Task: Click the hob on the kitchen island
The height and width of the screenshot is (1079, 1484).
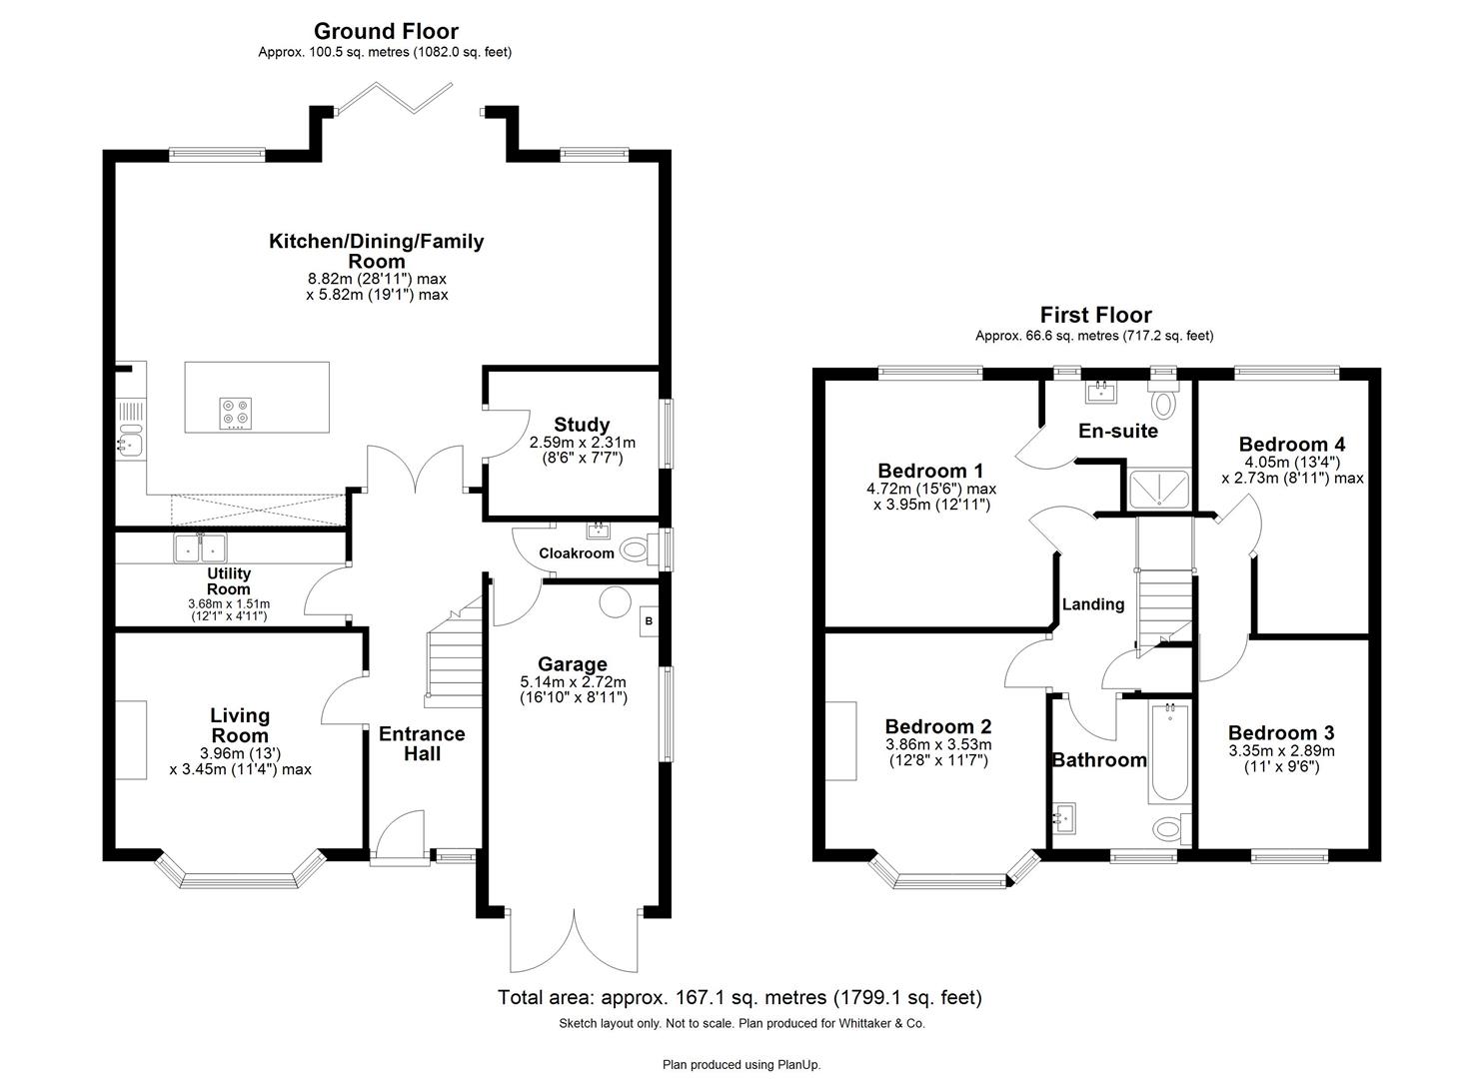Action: pyautogui.click(x=236, y=412)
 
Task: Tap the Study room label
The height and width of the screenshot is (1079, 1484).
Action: pyautogui.click(x=581, y=425)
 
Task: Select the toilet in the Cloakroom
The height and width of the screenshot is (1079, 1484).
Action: pyautogui.click(x=636, y=548)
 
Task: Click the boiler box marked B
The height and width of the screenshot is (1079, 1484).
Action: pyautogui.click(x=649, y=620)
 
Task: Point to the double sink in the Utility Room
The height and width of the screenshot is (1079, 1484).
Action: pyautogui.click(x=200, y=547)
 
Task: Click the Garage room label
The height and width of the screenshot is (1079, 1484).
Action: pyautogui.click(x=572, y=664)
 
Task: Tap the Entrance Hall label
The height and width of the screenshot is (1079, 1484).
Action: pyautogui.click(x=422, y=743)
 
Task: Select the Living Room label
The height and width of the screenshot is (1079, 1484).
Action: pyautogui.click(x=239, y=725)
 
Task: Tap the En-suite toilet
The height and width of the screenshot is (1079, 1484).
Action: pyautogui.click(x=1163, y=402)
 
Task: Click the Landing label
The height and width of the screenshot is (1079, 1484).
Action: pyautogui.click(x=1092, y=604)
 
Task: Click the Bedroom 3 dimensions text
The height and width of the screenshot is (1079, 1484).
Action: pyautogui.click(x=1281, y=759)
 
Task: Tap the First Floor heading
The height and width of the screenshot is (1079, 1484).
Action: pyautogui.click(x=1095, y=316)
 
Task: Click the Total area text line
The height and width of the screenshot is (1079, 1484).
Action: pyautogui.click(x=740, y=997)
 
